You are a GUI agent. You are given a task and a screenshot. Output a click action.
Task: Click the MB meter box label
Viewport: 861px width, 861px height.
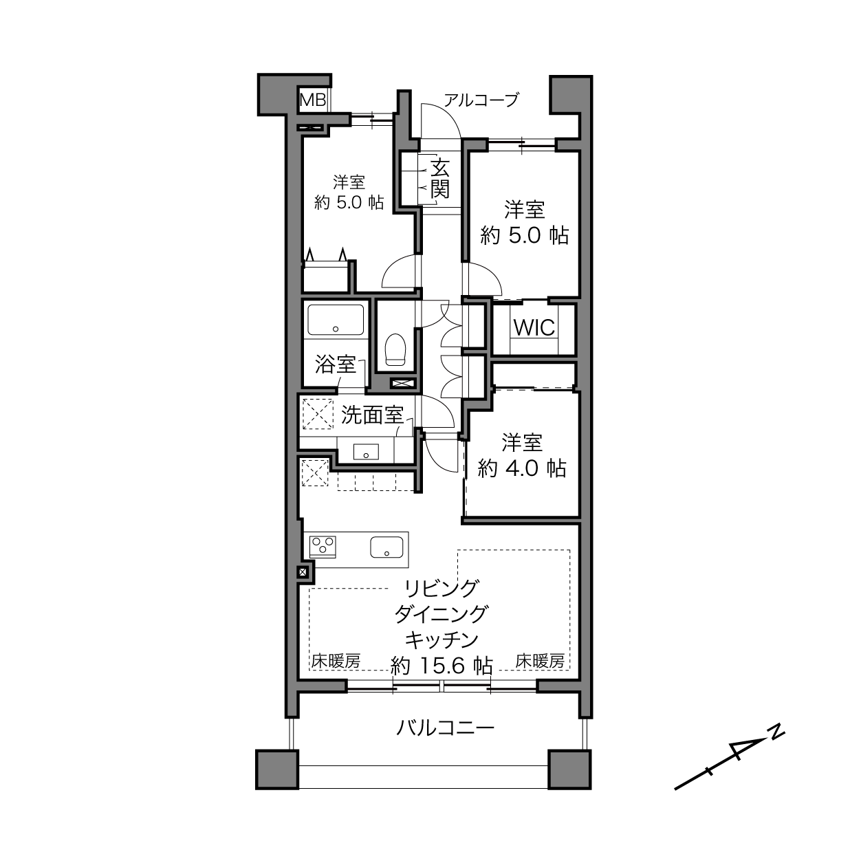313,100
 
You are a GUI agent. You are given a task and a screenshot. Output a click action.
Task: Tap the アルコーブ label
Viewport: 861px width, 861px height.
481,100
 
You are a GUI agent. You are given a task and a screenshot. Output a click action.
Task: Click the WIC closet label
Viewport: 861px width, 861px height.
534,327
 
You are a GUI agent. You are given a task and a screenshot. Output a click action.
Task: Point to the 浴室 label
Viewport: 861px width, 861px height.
336,364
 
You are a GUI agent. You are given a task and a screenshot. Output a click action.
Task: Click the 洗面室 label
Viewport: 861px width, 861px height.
373,415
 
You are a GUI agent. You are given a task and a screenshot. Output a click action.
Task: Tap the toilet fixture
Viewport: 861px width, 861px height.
395,349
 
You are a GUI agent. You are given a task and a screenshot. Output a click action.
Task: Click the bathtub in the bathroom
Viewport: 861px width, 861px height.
336,320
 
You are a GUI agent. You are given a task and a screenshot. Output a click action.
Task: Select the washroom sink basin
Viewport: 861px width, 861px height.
366,452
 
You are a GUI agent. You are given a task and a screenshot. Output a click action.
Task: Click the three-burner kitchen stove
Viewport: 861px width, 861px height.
323,546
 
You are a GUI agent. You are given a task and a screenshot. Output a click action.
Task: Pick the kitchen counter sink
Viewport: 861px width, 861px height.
386,547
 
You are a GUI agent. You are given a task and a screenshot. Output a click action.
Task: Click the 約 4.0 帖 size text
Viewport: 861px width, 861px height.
521,469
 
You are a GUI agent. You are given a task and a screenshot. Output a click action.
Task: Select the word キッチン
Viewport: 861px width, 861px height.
442,640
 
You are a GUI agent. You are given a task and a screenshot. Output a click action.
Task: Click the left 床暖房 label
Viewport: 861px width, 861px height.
336,661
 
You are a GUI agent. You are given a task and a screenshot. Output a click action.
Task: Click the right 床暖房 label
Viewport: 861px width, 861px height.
540,661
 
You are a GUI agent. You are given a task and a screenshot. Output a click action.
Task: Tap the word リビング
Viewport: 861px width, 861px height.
442,589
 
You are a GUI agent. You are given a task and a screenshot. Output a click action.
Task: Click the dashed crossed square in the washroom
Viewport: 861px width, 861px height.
318,414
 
